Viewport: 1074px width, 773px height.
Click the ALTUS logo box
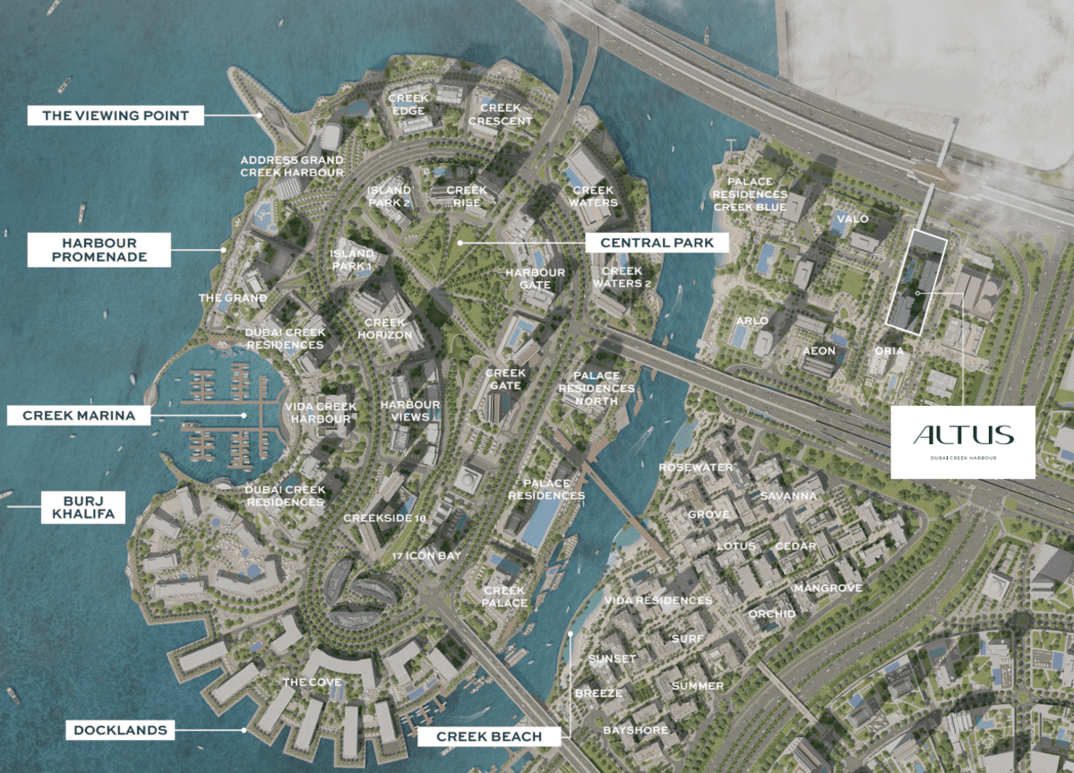(963, 441)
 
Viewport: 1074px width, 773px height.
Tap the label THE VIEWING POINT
(116, 116)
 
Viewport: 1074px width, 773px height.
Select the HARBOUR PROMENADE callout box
(99, 250)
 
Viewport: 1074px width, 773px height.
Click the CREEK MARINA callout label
(79, 416)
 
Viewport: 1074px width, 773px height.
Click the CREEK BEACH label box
(489, 736)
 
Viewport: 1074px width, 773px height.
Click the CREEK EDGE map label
(408, 104)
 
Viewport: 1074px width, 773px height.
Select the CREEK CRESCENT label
(500, 114)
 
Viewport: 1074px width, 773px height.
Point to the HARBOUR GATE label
(535, 279)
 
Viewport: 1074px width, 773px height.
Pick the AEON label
(819, 350)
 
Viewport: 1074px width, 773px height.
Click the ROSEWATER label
(696, 468)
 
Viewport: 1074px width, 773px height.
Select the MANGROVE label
(828, 588)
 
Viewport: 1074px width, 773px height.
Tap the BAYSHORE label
(634, 730)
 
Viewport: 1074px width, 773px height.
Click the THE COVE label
(312, 683)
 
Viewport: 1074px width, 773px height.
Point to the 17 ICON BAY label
(426, 556)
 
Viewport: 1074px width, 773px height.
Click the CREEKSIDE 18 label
(384, 518)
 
